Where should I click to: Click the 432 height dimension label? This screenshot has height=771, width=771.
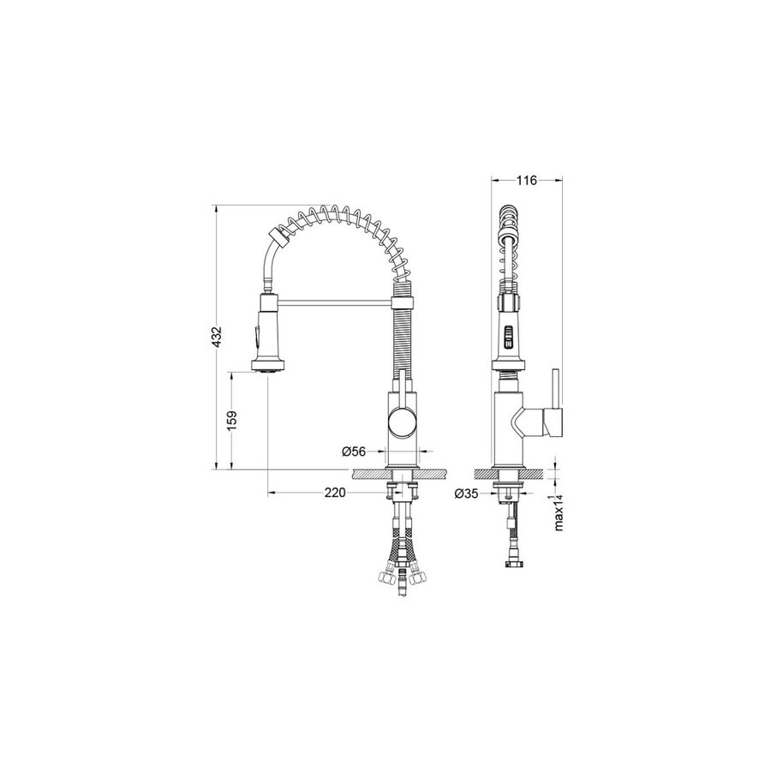tap(218, 337)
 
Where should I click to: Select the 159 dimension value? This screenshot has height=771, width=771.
tap(232, 421)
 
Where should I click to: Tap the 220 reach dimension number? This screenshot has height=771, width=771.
tap(335, 493)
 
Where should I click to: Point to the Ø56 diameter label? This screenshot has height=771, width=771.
tap(354, 451)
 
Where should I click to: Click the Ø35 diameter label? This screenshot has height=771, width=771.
tap(467, 493)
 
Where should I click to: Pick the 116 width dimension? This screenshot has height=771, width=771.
tap(527, 181)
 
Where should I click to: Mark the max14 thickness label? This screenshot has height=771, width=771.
tap(558, 512)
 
